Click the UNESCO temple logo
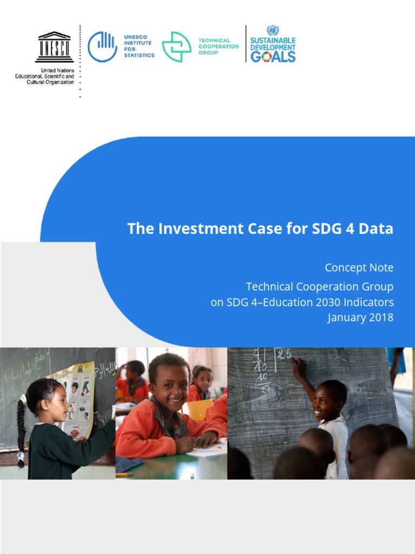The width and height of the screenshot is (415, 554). coord(54,47)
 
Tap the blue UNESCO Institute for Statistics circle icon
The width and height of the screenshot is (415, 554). coord(102,47)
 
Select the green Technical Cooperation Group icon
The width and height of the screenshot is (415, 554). coord(177,47)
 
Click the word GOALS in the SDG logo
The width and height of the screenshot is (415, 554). coord(272,57)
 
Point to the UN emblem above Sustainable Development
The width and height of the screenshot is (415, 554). coord(272,30)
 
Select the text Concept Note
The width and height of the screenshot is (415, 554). coord(359,268)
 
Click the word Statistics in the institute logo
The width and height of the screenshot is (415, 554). coord(139,55)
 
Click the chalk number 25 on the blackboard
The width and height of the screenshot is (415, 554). coord(285,354)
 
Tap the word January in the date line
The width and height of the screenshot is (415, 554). coord(345,317)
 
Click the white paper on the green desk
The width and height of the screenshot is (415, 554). coord(208,449)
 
